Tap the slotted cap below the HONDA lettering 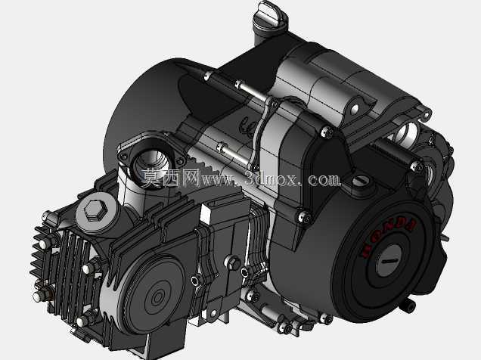click(389, 260)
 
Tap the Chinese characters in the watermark click(171, 178)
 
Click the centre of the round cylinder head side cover click(158, 296)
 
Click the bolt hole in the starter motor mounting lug click(355, 109)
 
